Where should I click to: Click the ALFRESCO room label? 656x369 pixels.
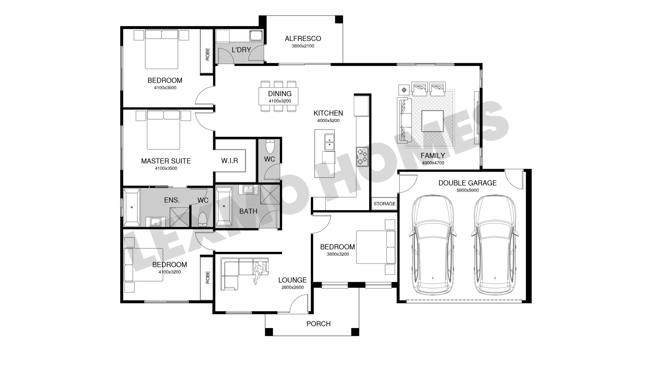point(303,39)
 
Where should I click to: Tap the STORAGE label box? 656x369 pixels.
point(384,204)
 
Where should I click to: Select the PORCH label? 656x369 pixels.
point(318,324)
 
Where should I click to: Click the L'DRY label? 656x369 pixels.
point(241,50)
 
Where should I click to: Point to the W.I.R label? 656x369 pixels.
point(230,161)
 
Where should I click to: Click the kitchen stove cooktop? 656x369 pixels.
point(362,156)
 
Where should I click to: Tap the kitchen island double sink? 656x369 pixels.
point(329,142)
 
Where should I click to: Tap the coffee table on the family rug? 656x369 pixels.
point(433,121)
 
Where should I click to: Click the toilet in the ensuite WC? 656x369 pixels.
point(203,219)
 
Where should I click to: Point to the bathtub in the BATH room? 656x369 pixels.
point(224,206)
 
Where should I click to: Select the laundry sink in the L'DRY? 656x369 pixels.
point(256,36)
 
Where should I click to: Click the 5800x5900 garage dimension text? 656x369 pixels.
point(467,190)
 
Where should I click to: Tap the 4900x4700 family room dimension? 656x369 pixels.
point(433,163)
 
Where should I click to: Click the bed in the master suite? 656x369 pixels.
point(163,130)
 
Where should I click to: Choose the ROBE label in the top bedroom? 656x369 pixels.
point(207,54)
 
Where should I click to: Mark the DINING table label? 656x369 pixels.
point(280,94)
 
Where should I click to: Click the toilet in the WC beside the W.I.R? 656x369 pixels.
point(270,146)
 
